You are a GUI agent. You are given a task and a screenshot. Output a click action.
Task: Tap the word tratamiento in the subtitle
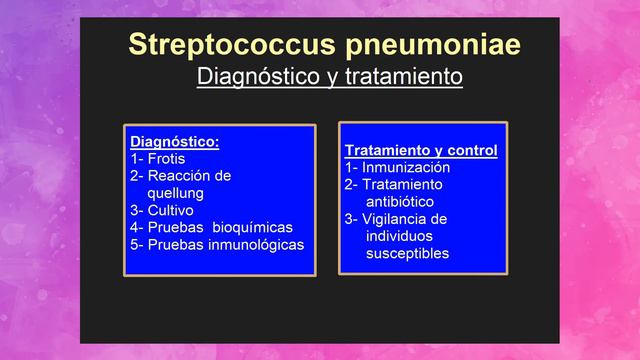coord(407,76)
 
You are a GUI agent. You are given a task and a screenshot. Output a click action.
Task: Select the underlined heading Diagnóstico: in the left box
coord(175,141)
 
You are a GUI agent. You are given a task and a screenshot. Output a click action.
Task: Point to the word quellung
coord(175,192)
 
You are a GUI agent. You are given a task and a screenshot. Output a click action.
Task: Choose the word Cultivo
coord(171,210)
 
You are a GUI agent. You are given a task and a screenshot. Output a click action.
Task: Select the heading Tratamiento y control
coord(421,151)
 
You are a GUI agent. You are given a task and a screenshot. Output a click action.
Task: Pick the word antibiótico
coord(400,201)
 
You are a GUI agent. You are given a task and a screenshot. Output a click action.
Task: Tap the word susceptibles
coord(407,253)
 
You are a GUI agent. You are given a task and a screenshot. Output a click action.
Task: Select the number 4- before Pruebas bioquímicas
coord(136,227)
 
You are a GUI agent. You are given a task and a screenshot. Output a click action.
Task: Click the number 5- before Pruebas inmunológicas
coord(136,244)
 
